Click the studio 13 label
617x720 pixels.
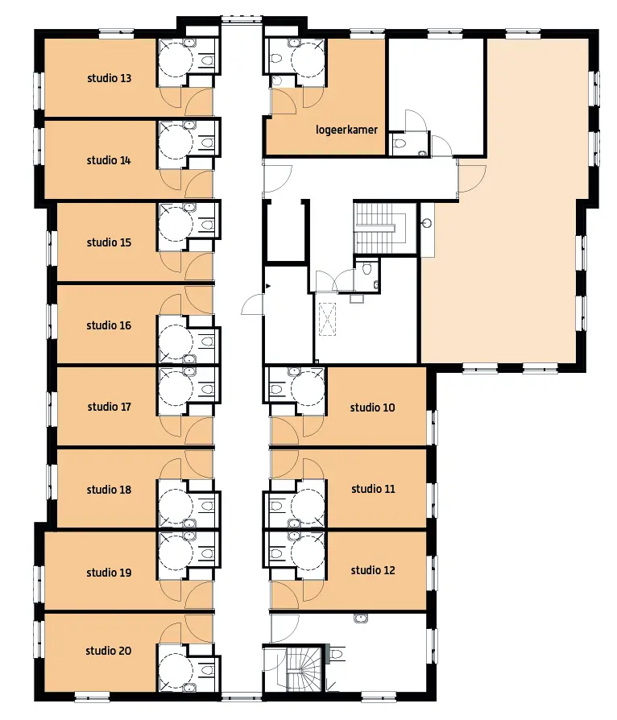(x=110, y=78)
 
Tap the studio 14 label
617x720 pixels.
(x=109, y=160)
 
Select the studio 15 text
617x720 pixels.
(x=109, y=242)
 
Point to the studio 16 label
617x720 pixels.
(x=109, y=325)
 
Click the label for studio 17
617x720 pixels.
(x=110, y=407)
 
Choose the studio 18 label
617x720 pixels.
(x=109, y=490)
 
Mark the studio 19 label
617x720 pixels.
(x=109, y=573)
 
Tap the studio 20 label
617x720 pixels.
(x=109, y=651)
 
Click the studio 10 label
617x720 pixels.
(x=373, y=408)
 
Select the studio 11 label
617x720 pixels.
(x=373, y=489)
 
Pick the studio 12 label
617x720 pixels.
(x=373, y=570)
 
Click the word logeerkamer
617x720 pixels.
(x=347, y=130)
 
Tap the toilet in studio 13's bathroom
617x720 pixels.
(x=208, y=60)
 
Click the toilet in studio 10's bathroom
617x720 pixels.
(x=276, y=389)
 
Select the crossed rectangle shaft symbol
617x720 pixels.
(x=327, y=319)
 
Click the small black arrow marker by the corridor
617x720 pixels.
(x=268, y=286)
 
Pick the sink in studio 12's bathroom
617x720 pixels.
(x=294, y=536)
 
